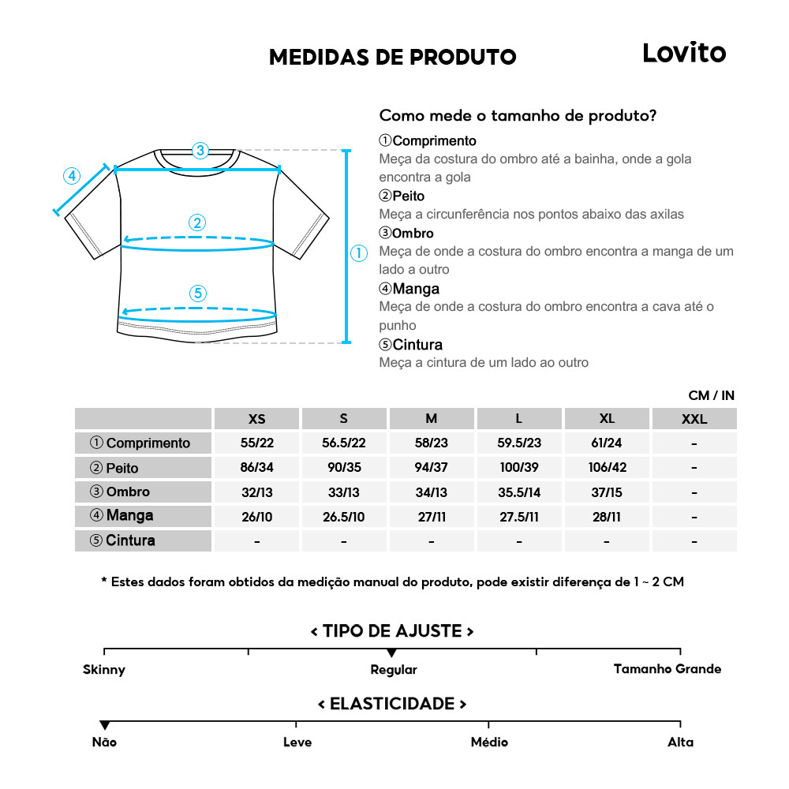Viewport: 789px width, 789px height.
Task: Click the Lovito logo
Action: point(683,53)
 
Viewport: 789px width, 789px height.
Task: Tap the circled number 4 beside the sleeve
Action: point(72,175)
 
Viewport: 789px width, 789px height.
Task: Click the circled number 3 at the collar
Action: point(200,150)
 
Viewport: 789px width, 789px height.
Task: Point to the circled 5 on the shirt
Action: point(197,294)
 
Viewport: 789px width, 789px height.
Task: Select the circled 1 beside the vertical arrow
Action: point(358,253)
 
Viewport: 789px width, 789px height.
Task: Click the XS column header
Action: point(256,419)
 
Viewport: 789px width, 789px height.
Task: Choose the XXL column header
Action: point(694,419)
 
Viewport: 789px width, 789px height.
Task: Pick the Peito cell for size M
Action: point(431,467)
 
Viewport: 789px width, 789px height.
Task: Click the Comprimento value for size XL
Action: point(606,443)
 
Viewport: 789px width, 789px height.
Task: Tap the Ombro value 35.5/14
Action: point(519,492)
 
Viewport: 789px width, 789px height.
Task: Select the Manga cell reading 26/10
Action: point(256,517)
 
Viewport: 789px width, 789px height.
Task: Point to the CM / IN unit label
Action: point(711,395)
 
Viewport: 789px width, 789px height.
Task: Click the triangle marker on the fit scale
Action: point(391,653)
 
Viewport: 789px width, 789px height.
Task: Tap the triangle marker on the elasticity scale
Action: point(104,725)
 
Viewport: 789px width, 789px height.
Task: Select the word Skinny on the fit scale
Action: point(104,670)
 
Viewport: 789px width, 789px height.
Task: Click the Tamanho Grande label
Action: point(667,669)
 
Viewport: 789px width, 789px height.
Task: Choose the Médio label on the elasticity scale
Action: point(489,742)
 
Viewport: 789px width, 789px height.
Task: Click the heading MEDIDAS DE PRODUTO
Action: point(392,57)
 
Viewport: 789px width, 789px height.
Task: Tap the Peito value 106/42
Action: point(606,467)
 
